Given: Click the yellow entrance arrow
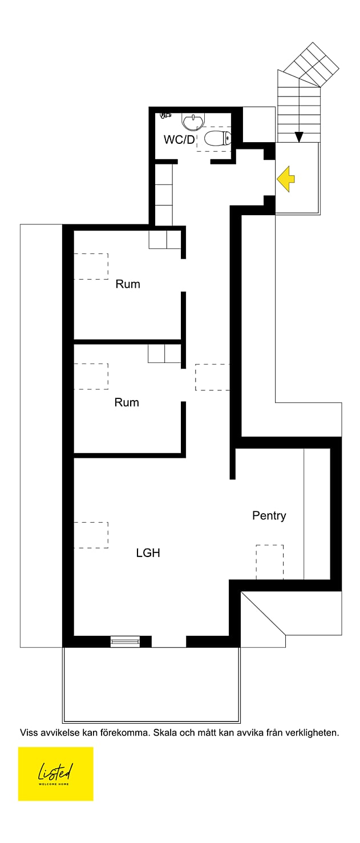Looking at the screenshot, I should click(286, 178).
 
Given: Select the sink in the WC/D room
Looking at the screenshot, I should click(193, 121).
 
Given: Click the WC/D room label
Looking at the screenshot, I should click(179, 140).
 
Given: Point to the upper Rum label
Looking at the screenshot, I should click(128, 284).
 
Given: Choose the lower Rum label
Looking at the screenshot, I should click(127, 402).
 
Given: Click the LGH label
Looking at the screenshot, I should click(148, 552).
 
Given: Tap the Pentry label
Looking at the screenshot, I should click(269, 515).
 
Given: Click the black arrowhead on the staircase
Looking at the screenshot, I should click(299, 137).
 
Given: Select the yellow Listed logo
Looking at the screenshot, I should click(56, 773).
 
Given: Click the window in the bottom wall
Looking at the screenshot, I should click(125, 642).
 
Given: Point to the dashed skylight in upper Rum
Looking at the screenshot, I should click(91, 267).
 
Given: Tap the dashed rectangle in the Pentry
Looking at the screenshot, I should click(269, 562).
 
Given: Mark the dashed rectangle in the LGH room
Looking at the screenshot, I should click(91, 535).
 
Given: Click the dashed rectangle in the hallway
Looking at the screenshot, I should click(212, 377).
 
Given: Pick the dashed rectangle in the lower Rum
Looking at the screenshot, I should click(91, 377).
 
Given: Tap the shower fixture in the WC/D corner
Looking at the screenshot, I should click(165, 115).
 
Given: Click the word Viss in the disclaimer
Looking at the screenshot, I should click(30, 732).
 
